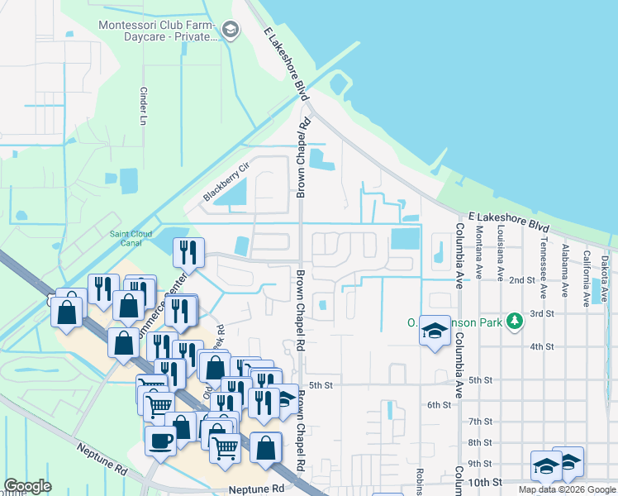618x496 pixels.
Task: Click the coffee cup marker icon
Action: coord(160,439)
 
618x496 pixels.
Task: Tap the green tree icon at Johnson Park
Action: coord(515,321)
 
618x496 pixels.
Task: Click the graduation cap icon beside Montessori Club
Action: coord(231,32)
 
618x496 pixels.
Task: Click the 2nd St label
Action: coord(522,280)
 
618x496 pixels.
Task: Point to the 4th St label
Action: coord(541,346)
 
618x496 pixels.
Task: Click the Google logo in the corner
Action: coord(28,486)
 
